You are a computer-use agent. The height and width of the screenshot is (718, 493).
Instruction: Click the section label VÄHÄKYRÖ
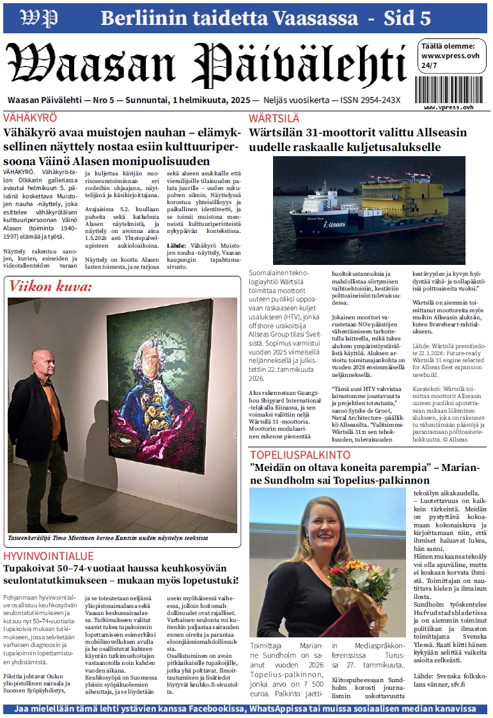coord(30,118)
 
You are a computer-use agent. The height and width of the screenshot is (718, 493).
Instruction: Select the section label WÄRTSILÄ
coord(274,118)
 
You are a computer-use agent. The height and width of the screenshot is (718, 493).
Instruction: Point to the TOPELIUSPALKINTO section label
coord(300,455)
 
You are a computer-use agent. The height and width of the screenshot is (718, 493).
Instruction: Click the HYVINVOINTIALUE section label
coord(49,556)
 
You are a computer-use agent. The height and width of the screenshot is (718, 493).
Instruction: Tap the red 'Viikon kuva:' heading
coord(51,287)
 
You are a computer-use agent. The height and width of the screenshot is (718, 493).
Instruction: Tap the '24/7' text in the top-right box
coord(430,65)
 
